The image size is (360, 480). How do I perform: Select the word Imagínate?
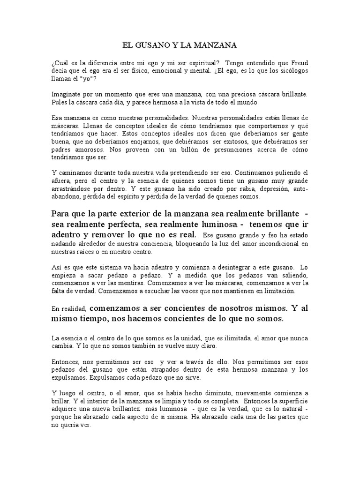pos(68,94)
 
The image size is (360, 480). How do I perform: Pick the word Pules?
pos(60,102)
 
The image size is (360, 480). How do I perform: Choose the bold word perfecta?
pos(120,224)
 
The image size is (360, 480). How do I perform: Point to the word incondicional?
pos(275,243)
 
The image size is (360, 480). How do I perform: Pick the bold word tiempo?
pos(96,319)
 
